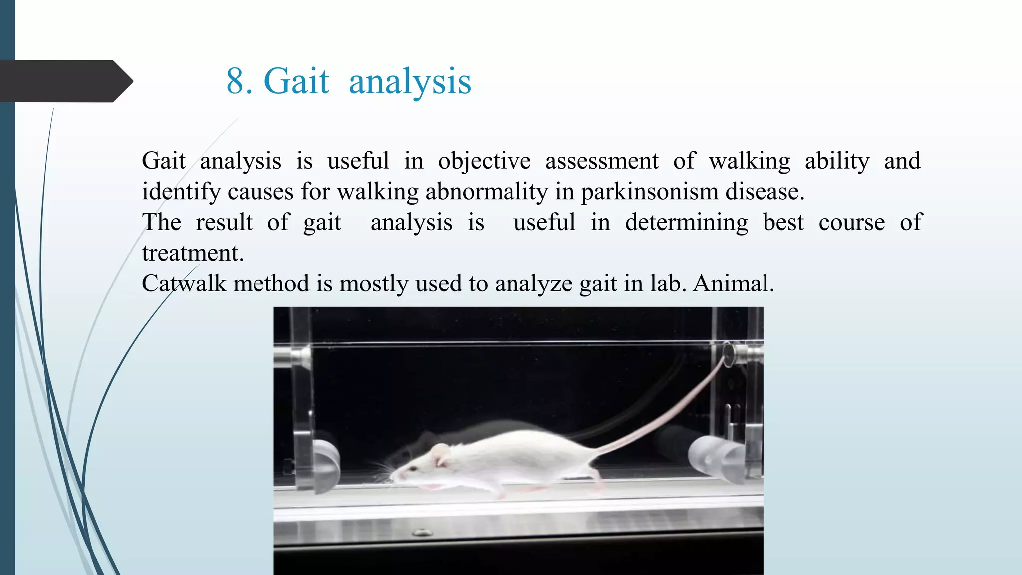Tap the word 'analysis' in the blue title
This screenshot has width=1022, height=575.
[410, 82]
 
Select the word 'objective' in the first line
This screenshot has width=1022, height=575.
[484, 162]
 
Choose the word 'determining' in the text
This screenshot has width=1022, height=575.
[686, 223]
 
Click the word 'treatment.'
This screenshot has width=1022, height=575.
[193, 253]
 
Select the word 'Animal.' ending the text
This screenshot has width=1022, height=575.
[733, 284]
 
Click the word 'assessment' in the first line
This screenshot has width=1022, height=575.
[601, 162]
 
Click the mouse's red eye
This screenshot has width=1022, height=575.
[414, 468]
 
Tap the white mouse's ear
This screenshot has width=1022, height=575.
[440, 455]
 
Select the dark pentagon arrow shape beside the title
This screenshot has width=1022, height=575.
[65, 81]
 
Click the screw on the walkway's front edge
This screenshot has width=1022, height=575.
[422, 533]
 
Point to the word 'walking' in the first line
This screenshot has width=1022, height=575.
[749, 162]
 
